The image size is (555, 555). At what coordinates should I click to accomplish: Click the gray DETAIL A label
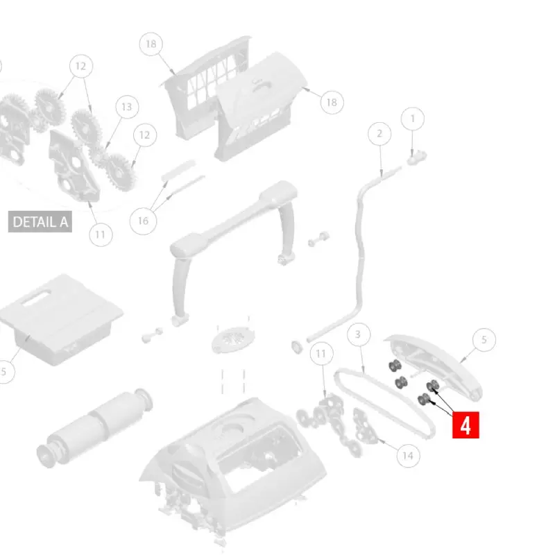[42, 222]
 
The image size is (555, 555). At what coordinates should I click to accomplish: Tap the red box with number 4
[466, 425]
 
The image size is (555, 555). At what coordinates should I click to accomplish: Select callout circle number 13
[126, 108]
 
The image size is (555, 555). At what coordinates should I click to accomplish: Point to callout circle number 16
[143, 221]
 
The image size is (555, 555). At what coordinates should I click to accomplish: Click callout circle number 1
[413, 119]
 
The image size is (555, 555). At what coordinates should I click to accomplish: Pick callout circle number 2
[379, 133]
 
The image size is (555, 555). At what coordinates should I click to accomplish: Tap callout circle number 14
[407, 455]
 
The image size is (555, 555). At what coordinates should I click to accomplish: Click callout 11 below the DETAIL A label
[101, 234]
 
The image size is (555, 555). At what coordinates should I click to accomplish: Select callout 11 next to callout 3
[321, 355]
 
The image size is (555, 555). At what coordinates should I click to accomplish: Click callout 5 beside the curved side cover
[484, 339]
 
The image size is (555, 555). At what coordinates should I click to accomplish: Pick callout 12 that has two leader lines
[81, 67]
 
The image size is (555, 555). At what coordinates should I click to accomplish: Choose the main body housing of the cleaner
[229, 458]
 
